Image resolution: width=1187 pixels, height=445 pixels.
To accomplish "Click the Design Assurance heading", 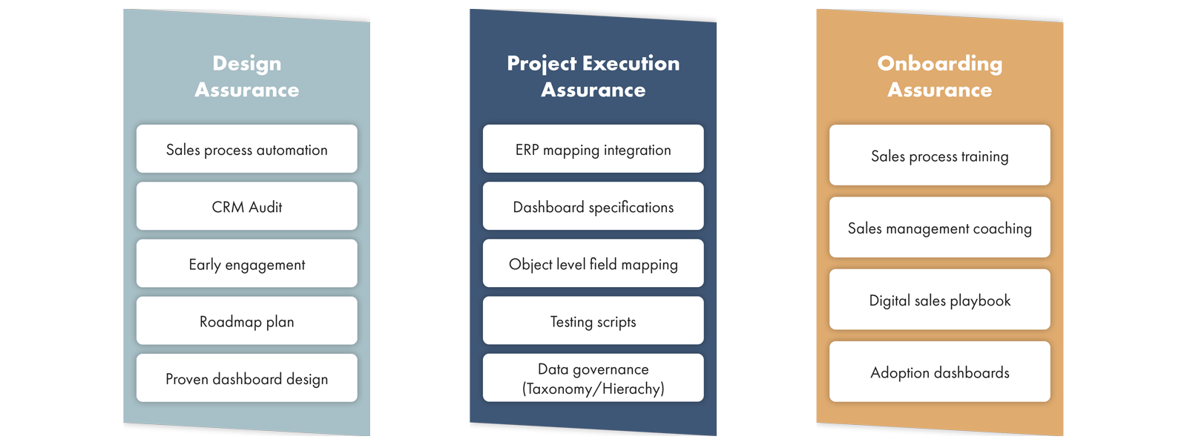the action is (247, 76).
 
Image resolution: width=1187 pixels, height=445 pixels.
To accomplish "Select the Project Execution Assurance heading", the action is (593, 76).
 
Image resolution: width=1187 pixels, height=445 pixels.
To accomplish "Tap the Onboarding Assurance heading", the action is (940, 76).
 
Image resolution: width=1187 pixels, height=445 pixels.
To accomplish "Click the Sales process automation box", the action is (247, 149).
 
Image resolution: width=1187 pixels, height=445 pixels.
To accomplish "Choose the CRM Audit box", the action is (247, 206).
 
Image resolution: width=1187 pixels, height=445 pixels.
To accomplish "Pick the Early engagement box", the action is (247, 263).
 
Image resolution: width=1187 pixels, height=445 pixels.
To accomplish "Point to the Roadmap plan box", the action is (247, 320).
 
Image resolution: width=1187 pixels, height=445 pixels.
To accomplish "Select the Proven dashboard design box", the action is (247, 378).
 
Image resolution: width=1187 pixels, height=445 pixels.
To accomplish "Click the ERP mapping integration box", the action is (593, 149).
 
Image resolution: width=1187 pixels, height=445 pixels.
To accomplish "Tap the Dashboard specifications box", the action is (593, 206).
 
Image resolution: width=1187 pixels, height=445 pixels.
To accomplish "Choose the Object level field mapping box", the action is (593, 263).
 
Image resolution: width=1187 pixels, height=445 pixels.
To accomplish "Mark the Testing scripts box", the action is (593, 320).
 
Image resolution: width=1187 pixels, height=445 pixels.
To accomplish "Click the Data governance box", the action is (593, 378).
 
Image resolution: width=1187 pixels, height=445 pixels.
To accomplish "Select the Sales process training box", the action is (940, 155).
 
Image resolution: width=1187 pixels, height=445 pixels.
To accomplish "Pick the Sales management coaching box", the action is (940, 227).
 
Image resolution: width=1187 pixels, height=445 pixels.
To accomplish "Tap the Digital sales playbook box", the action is (940, 300).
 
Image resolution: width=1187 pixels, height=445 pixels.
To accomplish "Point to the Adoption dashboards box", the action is (940, 372).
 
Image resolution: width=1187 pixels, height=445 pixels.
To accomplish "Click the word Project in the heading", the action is (542, 64).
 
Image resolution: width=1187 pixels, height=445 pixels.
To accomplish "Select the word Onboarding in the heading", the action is (940, 64).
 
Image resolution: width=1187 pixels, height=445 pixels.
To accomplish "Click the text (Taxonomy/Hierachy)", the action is (593, 389).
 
